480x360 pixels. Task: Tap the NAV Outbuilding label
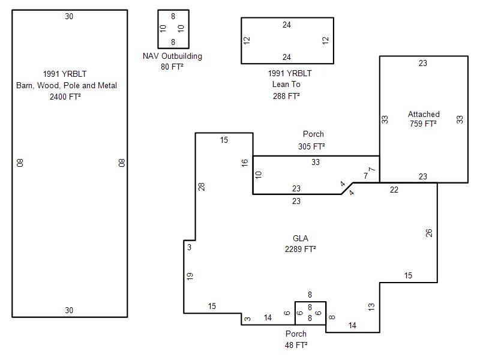[x=172, y=56]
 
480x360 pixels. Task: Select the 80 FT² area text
[x=172, y=67]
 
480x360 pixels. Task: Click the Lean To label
[x=286, y=85]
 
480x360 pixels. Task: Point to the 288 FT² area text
[x=286, y=95]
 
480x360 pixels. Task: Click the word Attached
[x=424, y=114]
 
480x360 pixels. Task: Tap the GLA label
[x=301, y=238]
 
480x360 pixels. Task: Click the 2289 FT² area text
[x=301, y=248]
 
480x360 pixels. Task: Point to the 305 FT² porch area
[x=311, y=146]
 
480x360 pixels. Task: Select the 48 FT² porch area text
[x=296, y=345]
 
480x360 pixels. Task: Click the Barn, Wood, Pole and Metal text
[x=67, y=85]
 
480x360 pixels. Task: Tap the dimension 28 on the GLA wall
[x=202, y=187]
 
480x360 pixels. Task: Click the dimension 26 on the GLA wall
[x=429, y=233]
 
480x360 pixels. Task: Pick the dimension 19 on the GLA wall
[x=190, y=276]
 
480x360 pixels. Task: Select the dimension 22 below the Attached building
[x=394, y=190]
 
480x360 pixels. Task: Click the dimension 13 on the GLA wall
[x=371, y=307]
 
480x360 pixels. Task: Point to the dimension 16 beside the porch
[x=245, y=163]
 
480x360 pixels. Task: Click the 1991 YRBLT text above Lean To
[x=290, y=74]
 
